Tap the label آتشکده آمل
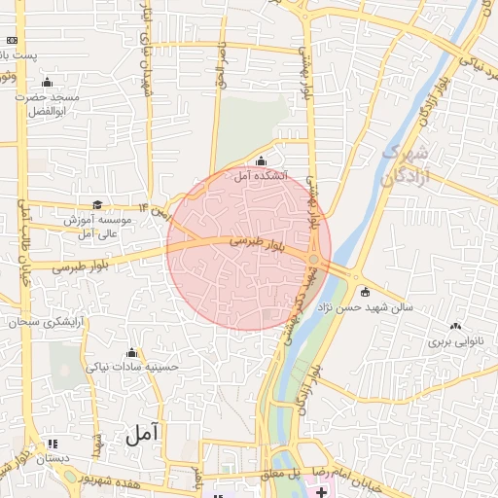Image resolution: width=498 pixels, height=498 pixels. (x=260, y=177)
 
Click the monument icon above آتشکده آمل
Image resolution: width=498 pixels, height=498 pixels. (x=260, y=161)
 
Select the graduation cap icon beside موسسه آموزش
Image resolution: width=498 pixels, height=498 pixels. (x=97, y=204)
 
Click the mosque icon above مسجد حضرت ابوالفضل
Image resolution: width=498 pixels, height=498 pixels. (x=47, y=81)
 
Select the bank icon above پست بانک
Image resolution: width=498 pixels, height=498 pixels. (x=12, y=40)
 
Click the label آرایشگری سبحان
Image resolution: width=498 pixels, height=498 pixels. (x=47, y=321)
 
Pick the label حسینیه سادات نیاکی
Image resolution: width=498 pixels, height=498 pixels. (x=132, y=368)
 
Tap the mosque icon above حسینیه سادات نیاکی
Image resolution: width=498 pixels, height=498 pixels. (x=132, y=352)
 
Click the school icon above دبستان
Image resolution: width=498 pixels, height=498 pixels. (x=52, y=444)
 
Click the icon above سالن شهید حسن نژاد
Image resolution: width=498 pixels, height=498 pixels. (x=365, y=292)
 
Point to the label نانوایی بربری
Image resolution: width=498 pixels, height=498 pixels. (x=456, y=342)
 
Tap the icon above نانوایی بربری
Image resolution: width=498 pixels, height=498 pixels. (x=456, y=327)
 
